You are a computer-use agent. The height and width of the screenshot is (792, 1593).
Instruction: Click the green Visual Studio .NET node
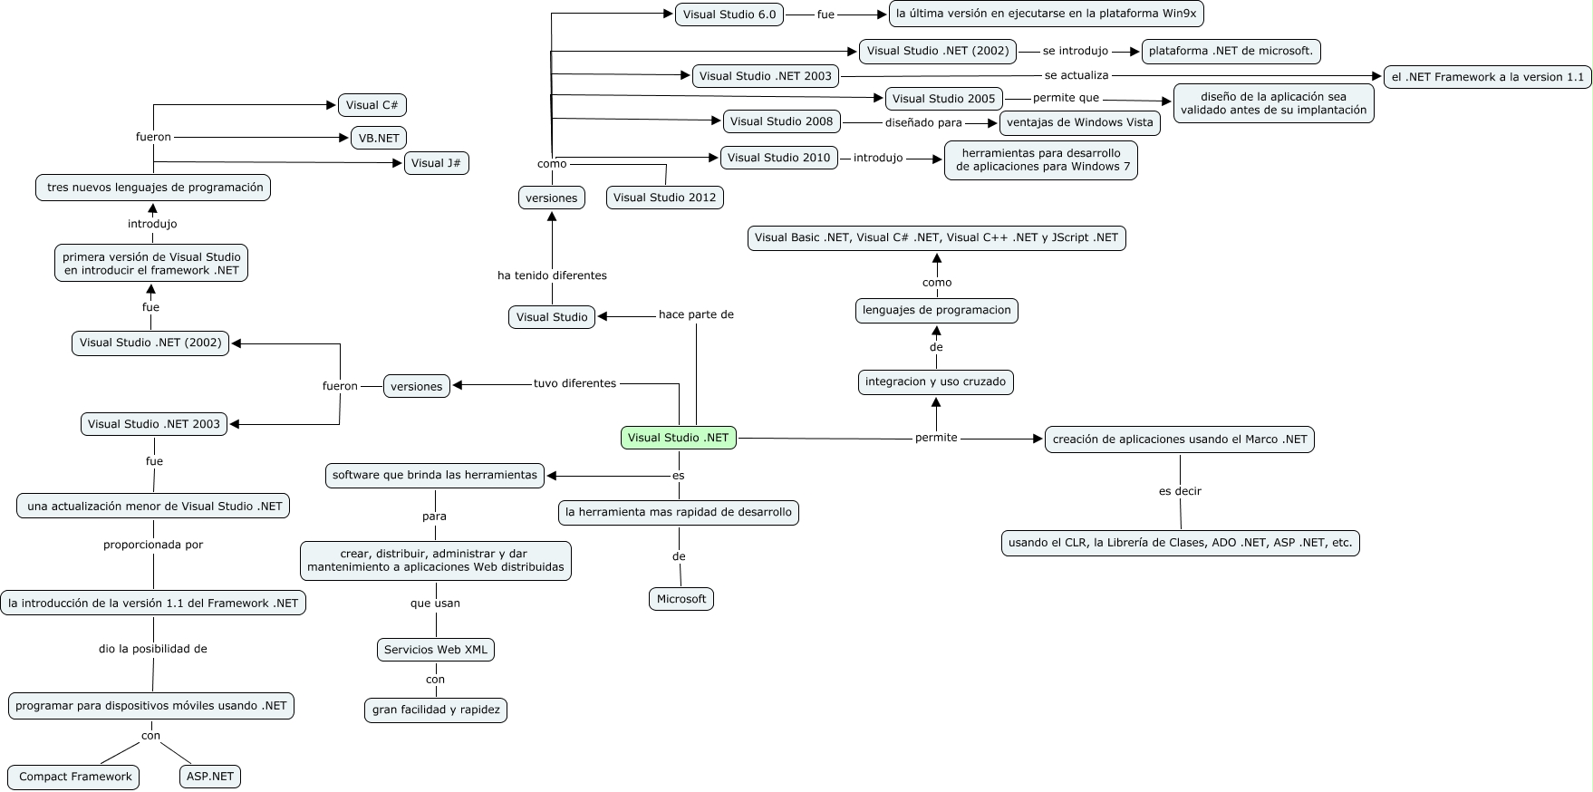point(678,438)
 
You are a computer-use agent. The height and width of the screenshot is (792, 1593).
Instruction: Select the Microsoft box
point(681,599)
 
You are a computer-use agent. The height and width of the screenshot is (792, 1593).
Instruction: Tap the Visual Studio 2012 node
point(664,198)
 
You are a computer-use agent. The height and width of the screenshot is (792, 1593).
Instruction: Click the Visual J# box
point(436,163)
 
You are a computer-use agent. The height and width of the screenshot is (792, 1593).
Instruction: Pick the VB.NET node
point(379,138)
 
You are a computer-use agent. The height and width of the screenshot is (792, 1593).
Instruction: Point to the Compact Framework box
point(75,777)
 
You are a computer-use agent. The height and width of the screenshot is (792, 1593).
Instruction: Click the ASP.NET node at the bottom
point(210,777)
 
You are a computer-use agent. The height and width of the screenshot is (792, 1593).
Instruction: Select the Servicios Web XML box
point(436,650)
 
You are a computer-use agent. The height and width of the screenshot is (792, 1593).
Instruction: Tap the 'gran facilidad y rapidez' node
point(436,710)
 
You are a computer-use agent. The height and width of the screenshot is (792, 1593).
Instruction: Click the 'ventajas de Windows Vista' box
point(1080,122)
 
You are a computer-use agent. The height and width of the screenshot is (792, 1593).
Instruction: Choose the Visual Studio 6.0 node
point(729,14)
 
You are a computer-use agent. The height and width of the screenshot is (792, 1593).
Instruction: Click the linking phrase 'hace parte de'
point(696,314)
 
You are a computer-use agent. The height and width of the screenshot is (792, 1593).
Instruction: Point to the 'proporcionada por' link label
point(153,545)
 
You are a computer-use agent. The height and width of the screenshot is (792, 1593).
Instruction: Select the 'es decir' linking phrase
point(1180,491)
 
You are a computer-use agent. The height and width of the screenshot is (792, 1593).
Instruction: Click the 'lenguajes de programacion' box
point(936,310)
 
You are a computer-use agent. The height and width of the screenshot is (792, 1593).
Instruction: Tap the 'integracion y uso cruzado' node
point(935,382)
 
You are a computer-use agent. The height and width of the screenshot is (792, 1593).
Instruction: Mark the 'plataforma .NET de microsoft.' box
point(1231,51)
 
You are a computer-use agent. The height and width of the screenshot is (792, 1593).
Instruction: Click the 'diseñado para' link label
point(923,122)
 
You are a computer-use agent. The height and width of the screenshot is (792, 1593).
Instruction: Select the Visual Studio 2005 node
point(943,99)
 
